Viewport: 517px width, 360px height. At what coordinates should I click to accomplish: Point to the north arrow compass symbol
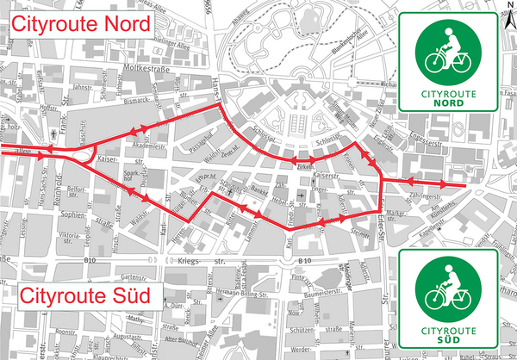point(506,8)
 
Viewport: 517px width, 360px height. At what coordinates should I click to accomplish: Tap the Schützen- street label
point(305,331)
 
